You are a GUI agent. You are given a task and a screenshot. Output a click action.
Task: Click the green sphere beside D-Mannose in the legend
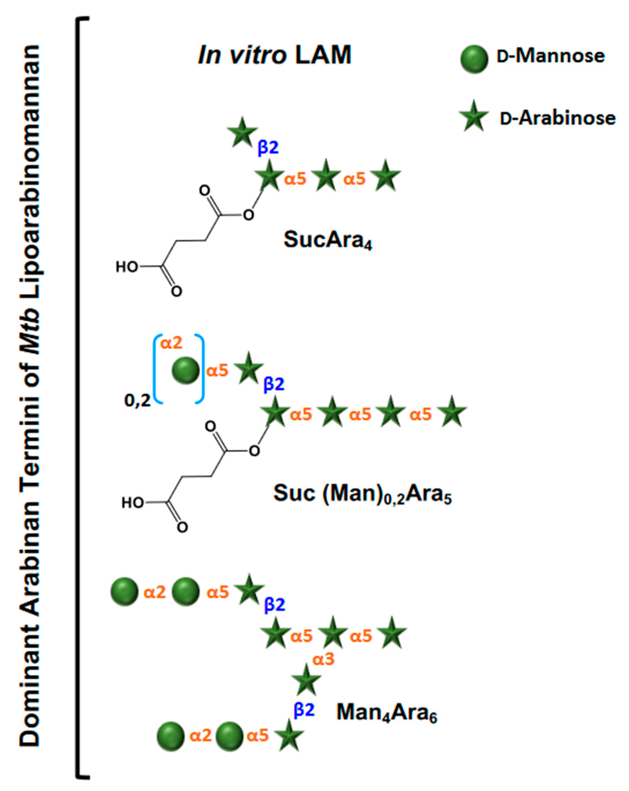point(474,59)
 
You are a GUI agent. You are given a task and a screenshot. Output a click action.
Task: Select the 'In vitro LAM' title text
point(274,55)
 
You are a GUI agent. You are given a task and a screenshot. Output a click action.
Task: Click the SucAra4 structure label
point(328,240)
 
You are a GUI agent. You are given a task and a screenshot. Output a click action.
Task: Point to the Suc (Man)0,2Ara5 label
point(362,494)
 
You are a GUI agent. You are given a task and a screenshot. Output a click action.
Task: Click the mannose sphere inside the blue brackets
point(186,370)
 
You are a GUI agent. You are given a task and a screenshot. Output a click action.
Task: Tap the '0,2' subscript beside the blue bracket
point(138,401)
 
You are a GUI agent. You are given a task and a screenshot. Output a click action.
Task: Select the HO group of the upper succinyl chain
point(127,267)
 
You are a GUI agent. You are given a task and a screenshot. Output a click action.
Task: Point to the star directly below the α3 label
point(306,680)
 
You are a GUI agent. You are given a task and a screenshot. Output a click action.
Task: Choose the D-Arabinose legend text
point(557,118)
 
